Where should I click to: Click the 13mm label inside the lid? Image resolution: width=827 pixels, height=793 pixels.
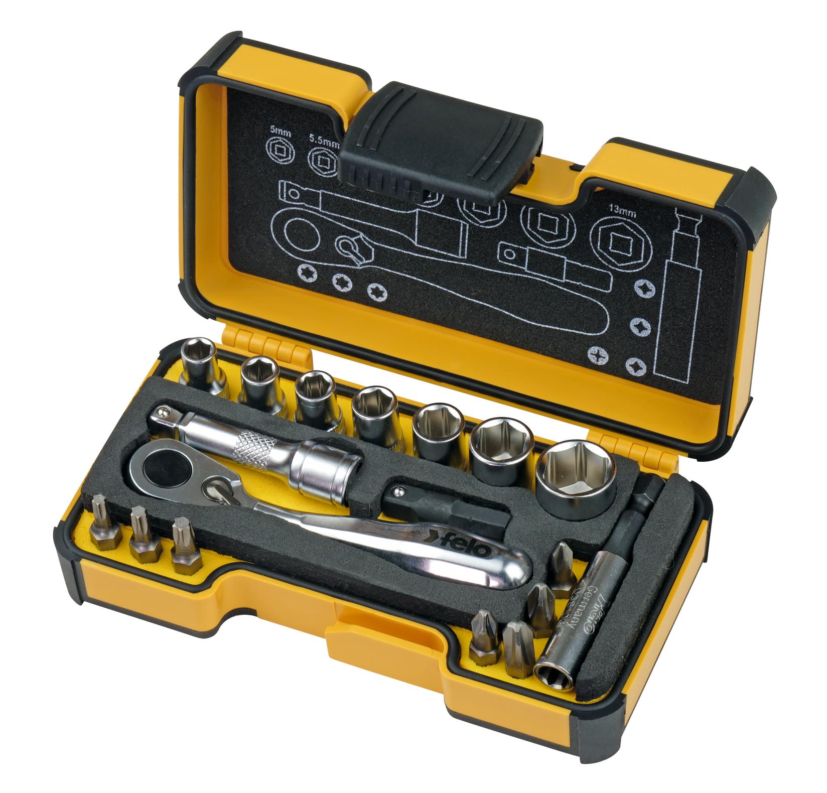coord(621,212)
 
